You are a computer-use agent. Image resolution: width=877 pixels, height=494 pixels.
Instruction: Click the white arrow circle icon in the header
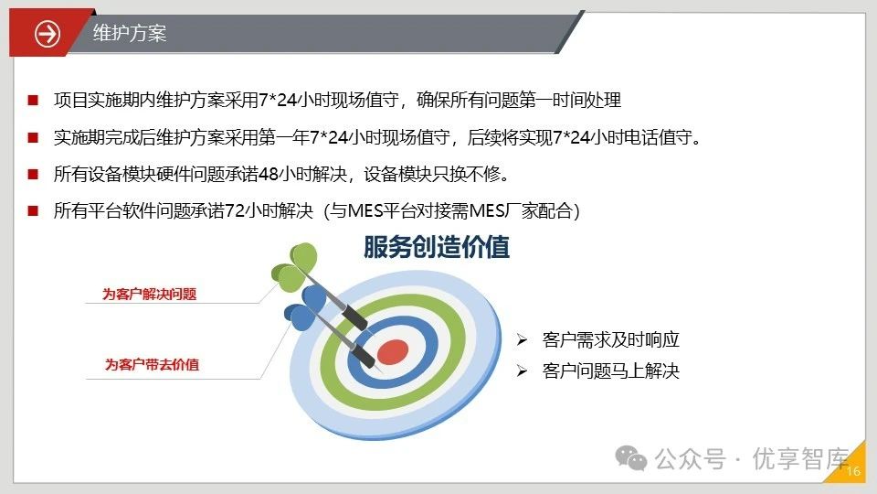tap(48, 33)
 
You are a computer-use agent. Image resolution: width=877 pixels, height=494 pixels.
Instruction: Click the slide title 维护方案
tap(130, 33)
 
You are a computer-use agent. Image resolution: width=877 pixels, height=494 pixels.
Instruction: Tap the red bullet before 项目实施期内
tap(33, 101)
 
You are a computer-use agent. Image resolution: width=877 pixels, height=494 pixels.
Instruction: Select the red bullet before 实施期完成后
tap(33, 137)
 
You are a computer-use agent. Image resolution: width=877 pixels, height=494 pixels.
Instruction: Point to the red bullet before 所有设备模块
tap(33, 174)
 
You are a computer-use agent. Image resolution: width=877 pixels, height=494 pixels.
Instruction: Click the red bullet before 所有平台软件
tap(33, 211)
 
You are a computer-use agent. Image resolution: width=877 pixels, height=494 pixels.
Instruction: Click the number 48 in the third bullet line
tap(269, 174)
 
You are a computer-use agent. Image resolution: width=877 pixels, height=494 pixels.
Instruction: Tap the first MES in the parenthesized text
tap(365, 211)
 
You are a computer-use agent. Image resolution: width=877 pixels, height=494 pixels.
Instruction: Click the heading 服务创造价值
tap(437, 247)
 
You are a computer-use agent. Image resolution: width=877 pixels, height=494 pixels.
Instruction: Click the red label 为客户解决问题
tap(149, 294)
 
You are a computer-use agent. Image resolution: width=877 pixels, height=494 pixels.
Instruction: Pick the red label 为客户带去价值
tap(153, 365)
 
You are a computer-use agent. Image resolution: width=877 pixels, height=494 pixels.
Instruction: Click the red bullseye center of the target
tap(393, 351)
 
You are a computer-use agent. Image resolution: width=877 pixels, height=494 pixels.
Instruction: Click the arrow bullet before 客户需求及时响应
tap(522, 340)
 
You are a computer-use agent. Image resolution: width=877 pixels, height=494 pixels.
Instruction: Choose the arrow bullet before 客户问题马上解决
tap(522, 370)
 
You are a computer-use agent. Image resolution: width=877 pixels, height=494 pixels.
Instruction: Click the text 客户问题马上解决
tap(611, 370)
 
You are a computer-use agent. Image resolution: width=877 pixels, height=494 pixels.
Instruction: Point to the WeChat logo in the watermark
tap(631, 458)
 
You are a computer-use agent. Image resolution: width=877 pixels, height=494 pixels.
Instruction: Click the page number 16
tap(853, 471)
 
